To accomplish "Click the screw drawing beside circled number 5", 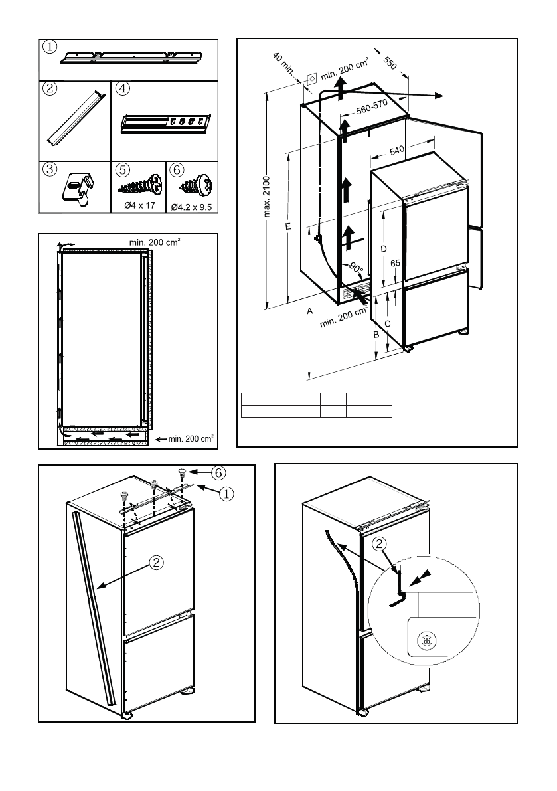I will click(x=140, y=182).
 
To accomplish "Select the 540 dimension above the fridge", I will click(x=397, y=151).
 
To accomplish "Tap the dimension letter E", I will click(x=287, y=227).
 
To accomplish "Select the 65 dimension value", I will click(x=396, y=263).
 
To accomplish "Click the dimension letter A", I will click(x=309, y=310).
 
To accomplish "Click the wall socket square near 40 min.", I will click(x=310, y=78).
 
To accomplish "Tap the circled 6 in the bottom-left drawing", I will click(x=218, y=473).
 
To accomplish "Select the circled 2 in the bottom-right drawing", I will click(x=379, y=544).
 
